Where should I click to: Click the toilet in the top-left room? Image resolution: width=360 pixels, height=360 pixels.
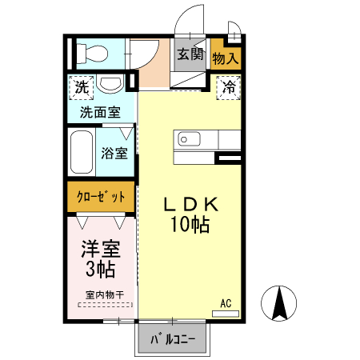(91, 54)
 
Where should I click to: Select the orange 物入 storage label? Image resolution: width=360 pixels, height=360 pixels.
(226, 58)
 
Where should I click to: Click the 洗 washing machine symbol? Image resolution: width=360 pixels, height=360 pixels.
(82, 86)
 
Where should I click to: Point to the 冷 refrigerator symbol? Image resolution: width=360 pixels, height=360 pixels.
(229, 86)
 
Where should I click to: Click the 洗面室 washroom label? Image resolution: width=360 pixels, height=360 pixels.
(100, 113)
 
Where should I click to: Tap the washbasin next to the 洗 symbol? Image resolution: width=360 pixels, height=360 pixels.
(110, 85)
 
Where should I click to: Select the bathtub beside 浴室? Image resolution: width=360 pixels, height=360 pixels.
(82, 153)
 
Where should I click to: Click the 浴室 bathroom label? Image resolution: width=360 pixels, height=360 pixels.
(114, 153)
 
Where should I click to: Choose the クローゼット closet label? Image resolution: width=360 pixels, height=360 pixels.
(101, 197)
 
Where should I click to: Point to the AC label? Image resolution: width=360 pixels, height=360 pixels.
(226, 303)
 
